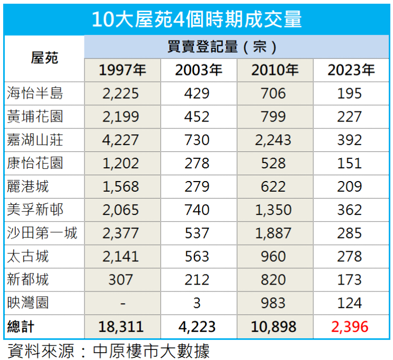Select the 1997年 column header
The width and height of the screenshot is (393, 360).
point(122,70)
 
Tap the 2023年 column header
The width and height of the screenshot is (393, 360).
point(351,70)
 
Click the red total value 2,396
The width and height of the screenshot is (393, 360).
point(349,327)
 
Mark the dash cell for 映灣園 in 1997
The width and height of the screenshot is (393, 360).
point(122,303)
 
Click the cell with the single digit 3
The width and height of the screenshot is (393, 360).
point(197,303)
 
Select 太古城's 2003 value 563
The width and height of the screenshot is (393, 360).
point(197,256)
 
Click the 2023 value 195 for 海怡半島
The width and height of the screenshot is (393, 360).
point(349,94)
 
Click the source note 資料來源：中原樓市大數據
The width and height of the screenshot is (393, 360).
point(109,350)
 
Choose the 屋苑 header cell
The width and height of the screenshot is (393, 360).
point(45,58)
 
